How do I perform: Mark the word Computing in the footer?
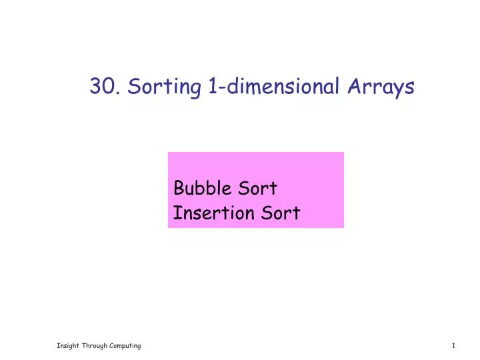click(125, 345)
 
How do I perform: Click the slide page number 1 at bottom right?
click(453, 345)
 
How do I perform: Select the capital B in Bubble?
click(178, 189)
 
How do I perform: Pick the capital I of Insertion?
click(176, 213)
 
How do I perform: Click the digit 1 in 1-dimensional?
click(211, 87)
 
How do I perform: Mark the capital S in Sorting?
click(133, 87)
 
